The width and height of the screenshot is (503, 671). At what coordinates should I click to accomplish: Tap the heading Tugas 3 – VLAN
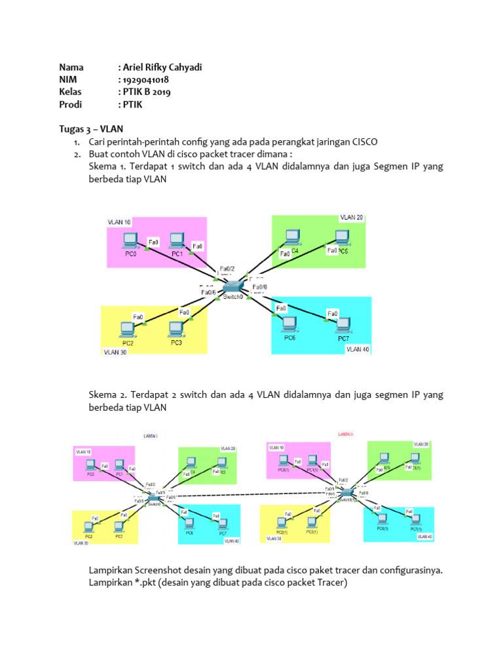[x=91, y=128]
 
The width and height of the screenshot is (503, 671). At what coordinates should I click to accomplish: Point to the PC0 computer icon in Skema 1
[x=130, y=239]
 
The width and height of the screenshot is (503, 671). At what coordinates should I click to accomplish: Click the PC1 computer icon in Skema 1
[x=176, y=240]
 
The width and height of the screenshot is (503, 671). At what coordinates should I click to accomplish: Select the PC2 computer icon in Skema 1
[x=128, y=329]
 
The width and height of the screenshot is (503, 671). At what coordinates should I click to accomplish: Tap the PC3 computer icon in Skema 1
[x=175, y=328]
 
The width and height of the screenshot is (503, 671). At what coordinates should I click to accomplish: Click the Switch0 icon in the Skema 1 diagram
[x=233, y=287]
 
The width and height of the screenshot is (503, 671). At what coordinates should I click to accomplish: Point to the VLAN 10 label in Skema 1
[x=119, y=222]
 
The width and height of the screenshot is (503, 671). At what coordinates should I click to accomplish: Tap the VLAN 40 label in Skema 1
[x=358, y=349]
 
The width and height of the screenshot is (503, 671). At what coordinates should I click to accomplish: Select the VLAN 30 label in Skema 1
[x=115, y=352]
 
